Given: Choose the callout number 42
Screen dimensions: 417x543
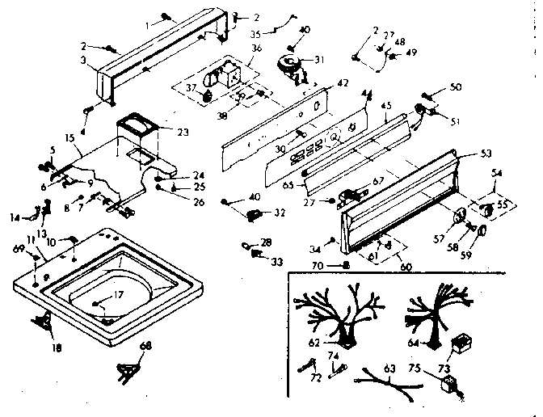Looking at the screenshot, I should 343,82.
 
